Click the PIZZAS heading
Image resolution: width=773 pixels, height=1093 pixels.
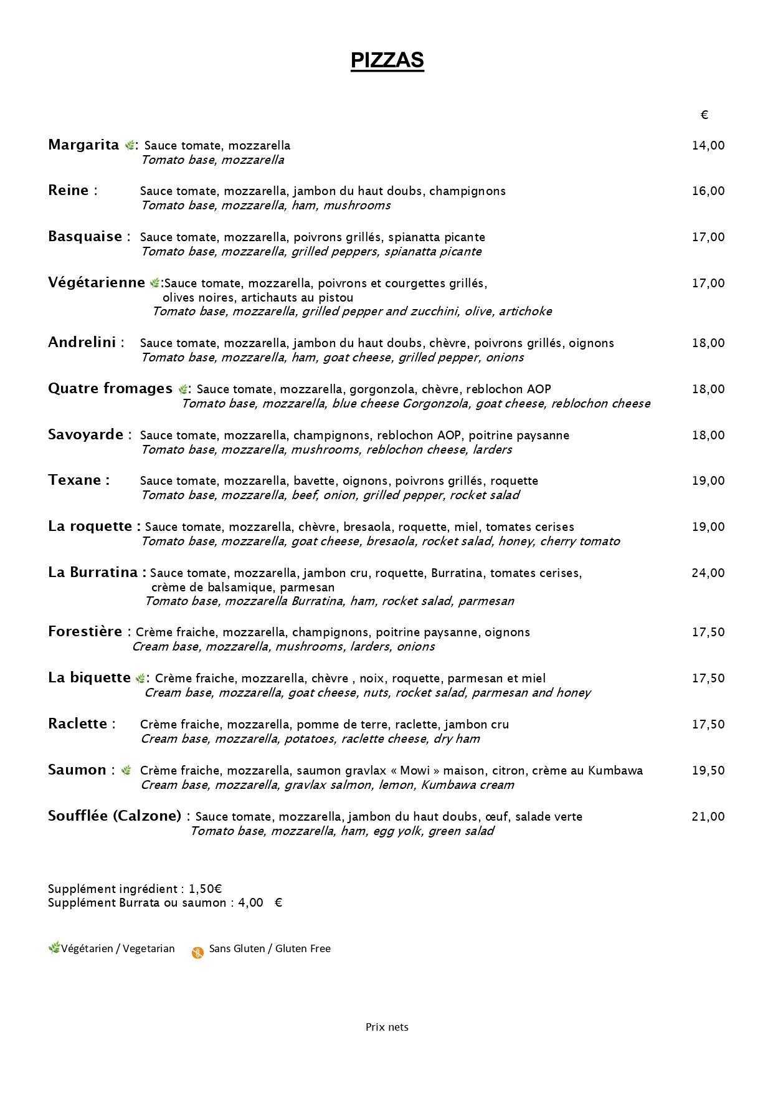(x=387, y=60)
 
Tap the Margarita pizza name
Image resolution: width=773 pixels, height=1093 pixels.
(x=83, y=145)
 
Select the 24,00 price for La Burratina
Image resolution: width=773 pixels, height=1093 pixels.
(x=708, y=573)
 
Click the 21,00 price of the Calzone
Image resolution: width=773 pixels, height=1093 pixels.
(x=708, y=817)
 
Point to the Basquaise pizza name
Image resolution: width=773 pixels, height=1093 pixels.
(x=85, y=237)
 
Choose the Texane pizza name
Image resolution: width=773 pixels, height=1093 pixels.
(x=75, y=480)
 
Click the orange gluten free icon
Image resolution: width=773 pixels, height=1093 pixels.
(x=197, y=953)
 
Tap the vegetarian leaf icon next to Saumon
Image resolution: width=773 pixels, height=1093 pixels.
(x=126, y=770)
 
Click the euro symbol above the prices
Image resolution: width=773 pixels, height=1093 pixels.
(x=704, y=115)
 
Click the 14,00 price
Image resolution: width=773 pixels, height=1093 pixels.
(x=708, y=146)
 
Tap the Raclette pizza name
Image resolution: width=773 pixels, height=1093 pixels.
(x=78, y=724)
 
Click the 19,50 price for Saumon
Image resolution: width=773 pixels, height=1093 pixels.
(x=708, y=771)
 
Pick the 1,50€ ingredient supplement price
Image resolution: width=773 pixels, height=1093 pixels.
(x=206, y=889)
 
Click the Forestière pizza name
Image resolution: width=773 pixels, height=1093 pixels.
(x=85, y=632)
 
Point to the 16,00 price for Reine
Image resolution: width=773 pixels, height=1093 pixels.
(x=708, y=191)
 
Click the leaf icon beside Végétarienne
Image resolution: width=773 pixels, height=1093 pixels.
(x=154, y=284)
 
